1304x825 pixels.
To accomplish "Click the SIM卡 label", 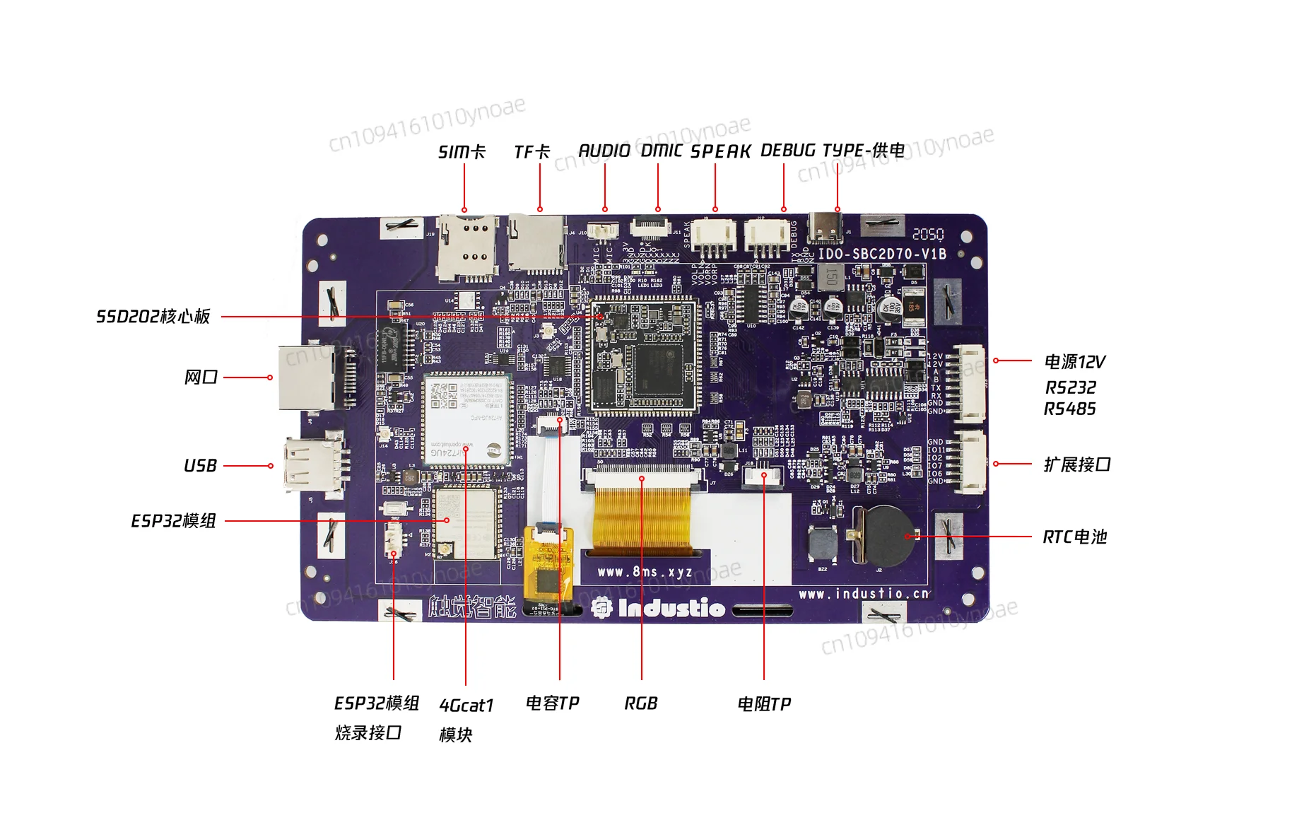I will [462, 152].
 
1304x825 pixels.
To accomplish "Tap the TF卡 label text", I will [531, 152].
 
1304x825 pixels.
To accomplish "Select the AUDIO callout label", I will [604, 151].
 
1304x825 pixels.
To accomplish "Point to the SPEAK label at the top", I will [720, 151].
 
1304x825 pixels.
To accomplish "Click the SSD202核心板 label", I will [153, 316].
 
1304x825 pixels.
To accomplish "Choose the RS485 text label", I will [1070, 409].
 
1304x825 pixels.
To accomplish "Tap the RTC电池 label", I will [1074, 537].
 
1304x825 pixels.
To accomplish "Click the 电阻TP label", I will [764, 704].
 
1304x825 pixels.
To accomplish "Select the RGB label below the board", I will [641, 703].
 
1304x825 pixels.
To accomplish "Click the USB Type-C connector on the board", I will [826, 227].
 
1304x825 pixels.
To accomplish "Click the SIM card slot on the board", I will [466, 247].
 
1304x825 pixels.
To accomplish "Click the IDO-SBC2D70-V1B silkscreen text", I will [882, 254].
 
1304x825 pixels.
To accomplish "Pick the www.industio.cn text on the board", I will [864, 594].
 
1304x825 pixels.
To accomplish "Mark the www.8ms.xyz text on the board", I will [645, 571].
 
